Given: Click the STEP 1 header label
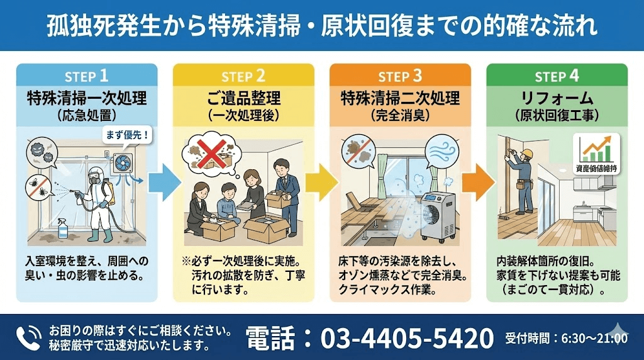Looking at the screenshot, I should (86, 77).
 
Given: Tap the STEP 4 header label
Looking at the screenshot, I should (557, 77).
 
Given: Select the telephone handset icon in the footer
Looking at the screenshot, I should (28, 338).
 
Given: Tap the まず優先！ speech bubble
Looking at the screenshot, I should (128, 135).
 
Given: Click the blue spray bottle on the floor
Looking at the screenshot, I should (63, 227).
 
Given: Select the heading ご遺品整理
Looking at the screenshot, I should (243, 98).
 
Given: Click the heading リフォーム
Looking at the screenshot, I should (557, 98).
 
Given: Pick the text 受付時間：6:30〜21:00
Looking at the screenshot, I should (566, 339).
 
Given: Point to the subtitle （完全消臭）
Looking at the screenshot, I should (400, 116).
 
